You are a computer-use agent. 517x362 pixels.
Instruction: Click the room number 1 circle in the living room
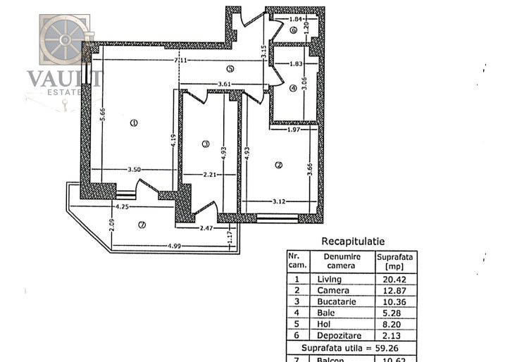[134, 123]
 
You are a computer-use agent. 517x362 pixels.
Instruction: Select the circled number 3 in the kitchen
[206, 144]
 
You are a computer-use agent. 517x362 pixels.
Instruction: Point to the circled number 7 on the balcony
[142, 225]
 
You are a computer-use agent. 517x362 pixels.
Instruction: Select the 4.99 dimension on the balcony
[173, 246]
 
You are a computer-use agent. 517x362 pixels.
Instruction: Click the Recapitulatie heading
[353, 241]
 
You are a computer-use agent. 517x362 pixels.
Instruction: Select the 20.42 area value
[394, 279]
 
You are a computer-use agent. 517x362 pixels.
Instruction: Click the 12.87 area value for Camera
[394, 290]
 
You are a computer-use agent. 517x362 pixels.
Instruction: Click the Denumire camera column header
[342, 261]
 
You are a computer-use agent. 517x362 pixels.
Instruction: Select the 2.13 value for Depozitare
[394, 334]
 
